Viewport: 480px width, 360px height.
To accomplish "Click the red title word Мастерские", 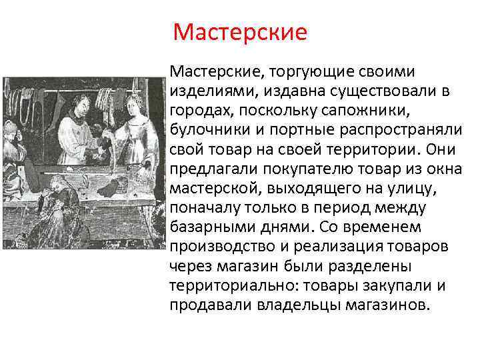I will point(239,32).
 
